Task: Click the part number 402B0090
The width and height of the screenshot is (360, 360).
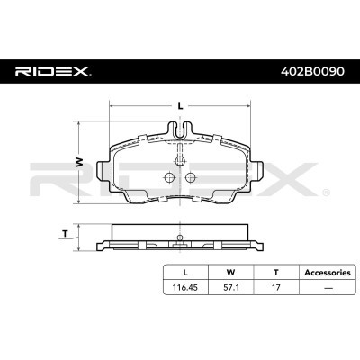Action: (312, 71)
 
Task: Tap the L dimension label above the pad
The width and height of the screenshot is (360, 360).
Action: (180, 106)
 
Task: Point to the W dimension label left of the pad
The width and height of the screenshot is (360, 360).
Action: (78, 162)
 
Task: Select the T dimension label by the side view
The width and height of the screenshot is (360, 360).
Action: (65, 233)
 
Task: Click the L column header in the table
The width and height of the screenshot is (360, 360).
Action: (185, 273)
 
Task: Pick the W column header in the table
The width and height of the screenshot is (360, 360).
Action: (230, 273)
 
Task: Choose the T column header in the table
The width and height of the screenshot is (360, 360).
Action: (275, 273)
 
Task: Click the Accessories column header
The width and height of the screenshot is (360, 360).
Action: (328, 273)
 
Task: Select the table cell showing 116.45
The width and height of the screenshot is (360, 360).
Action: (184, 287)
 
